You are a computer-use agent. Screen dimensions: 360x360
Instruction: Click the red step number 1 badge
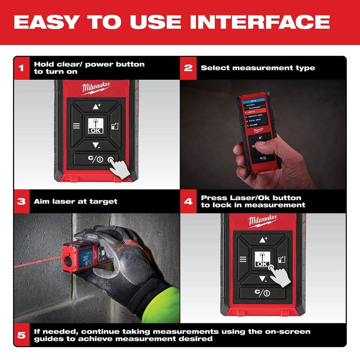coord(22,68)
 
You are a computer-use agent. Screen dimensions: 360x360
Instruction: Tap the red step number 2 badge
coord(188,68)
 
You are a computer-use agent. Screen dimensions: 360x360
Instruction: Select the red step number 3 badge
coord(22,201)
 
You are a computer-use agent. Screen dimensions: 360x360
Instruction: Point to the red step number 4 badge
coord(188,201)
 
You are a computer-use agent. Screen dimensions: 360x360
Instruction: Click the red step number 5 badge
coord(22,335)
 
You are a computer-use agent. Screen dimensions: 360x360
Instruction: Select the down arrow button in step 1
coord(95,145)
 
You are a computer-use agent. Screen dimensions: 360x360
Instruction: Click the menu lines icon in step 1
coord(76,126)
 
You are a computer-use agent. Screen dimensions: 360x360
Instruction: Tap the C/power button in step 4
coord(262,293)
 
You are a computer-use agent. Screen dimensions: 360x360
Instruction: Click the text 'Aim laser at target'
coord(76,202)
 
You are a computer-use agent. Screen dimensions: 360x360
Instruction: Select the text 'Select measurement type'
coord(258,68)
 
